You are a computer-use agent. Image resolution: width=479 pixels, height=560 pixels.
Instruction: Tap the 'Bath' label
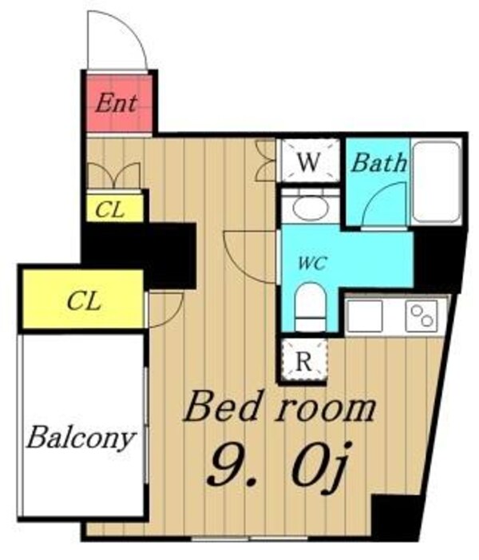click(378, 164)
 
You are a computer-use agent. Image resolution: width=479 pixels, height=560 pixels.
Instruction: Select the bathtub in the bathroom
click(436, 181)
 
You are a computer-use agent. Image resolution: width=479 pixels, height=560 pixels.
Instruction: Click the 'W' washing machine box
click(310, 163)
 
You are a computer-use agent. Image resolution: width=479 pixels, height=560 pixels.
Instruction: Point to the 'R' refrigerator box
click(303, 360)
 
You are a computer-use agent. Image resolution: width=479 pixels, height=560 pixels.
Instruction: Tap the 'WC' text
click(312, 264)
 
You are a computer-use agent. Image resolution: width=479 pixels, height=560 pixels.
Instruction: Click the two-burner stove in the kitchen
click(421, 316)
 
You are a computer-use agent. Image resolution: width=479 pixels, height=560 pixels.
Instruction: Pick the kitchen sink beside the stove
click(366, 316)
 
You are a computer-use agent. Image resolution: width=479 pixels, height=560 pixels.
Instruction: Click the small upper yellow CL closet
click(115, 209)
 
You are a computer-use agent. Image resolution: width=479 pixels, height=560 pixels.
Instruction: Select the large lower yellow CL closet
click(83, 300)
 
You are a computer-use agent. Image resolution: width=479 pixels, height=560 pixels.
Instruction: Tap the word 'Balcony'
click(80, 438)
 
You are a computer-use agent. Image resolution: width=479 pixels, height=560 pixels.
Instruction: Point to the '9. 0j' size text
click(275, 466)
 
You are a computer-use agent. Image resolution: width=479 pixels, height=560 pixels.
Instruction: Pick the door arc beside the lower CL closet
click(164, 307)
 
